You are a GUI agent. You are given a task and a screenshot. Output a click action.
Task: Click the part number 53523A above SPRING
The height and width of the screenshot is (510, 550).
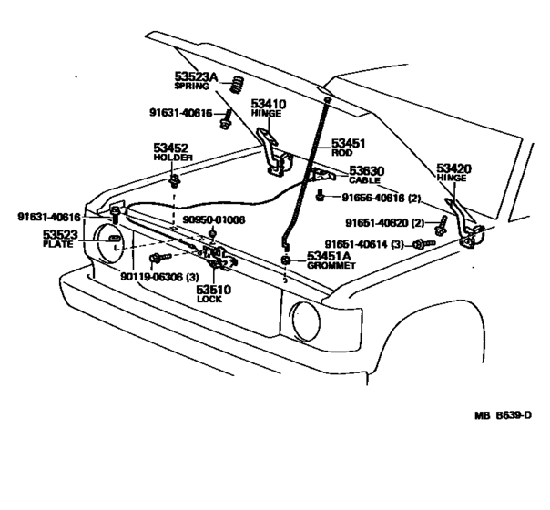(x=197, y=76)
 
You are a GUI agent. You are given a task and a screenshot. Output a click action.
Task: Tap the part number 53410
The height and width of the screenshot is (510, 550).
(x=269, y=105)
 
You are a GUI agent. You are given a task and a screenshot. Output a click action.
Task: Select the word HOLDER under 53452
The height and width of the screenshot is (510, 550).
(x=172, y=157)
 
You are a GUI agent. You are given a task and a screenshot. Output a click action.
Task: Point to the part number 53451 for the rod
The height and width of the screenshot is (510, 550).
(x=347, y=143)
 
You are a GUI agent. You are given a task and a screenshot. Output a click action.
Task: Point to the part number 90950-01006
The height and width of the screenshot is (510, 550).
(x=213, y=220)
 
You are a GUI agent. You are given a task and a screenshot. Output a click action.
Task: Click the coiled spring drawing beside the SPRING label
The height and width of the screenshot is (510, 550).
(x=234, y=85)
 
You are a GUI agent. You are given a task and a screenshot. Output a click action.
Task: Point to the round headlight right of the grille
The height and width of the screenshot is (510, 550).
(x=307, y=322)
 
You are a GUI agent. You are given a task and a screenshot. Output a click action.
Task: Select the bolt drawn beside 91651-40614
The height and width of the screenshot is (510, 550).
(x=419, y=244)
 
